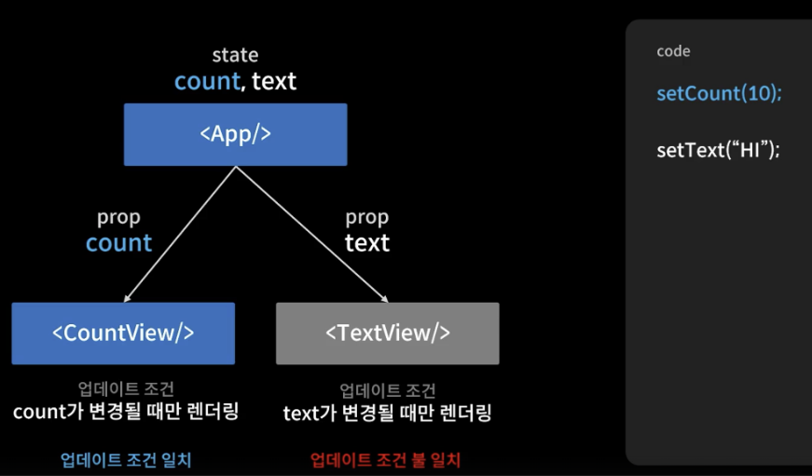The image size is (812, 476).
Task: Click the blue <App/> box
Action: point(235,134)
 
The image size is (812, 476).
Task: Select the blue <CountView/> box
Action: point(123,333)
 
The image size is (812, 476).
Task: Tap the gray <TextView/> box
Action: point(387,333)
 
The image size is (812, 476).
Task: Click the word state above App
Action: point(235,56)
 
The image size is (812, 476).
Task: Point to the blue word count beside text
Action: point(207,81)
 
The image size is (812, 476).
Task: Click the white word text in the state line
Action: point(274,81)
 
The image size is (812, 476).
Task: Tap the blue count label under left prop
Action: point(118,243)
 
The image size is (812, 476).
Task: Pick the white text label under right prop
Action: point(367,243)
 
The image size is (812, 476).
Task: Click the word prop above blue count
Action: point(118,217)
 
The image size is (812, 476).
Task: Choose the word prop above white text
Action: point(367,217)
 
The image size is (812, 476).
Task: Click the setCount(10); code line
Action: point(720,94)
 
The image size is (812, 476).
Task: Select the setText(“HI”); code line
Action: point(718,150)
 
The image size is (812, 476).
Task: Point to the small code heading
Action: point(673,51)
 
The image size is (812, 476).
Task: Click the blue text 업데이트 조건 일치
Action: point(126,459)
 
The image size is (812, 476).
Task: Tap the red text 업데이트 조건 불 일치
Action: point(385,459)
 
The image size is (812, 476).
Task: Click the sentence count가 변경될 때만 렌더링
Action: point(126,411)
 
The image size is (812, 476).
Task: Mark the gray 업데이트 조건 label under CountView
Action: point(126,388)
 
